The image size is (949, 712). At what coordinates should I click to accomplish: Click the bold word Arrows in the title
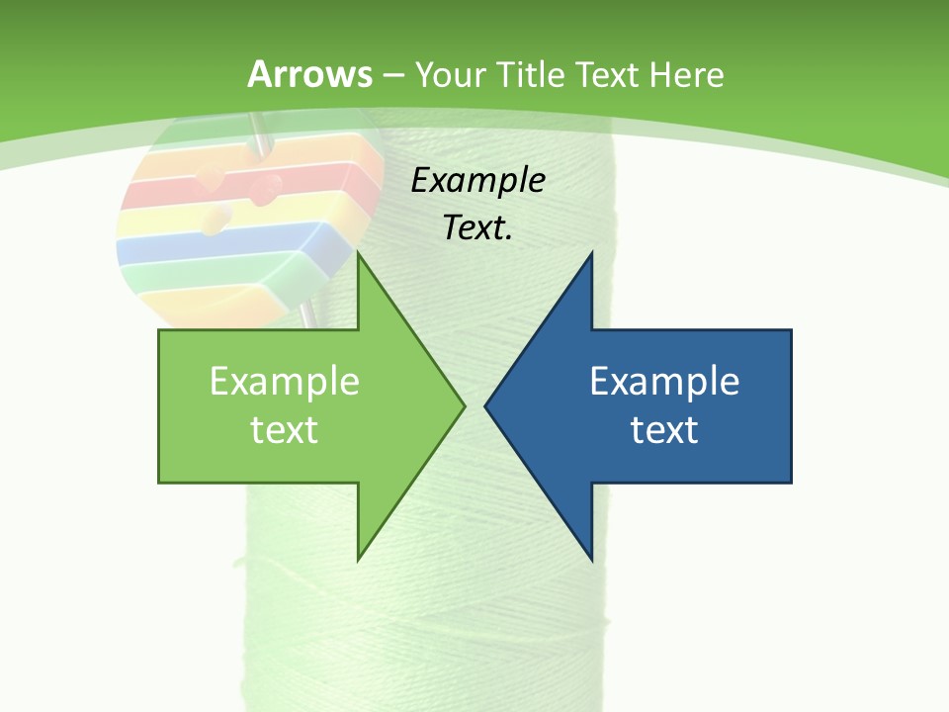(309, 74)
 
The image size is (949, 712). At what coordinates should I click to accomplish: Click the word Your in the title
(451, 74)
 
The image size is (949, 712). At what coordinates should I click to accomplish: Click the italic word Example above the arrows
(477, 181)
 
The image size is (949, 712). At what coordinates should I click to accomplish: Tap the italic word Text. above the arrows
(477, 227)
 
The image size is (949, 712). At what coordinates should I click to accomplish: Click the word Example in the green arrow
(284, 381)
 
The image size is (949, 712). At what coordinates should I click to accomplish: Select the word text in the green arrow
(284, 429)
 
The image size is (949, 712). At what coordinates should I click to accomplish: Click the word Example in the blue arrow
(664, 381)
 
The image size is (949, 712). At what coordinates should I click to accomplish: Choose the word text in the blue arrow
(664, 429)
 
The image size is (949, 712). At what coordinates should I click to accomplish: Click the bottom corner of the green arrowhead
(359, 559)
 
